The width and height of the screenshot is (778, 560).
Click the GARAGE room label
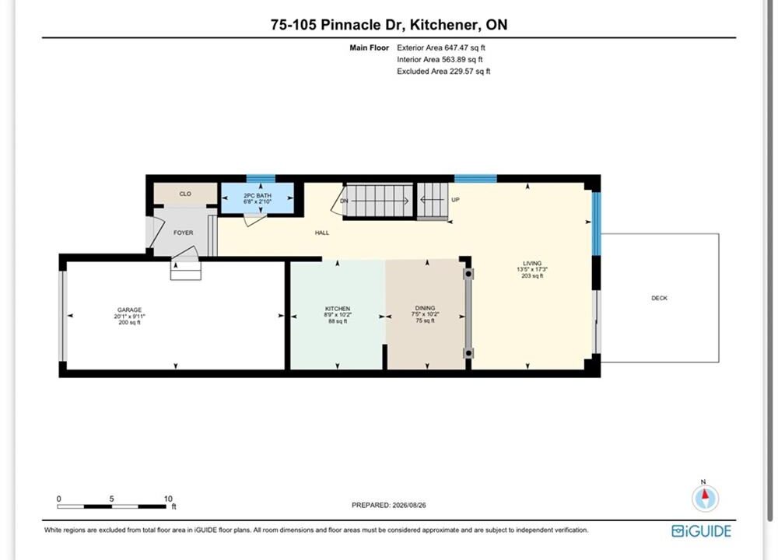pos(129,310)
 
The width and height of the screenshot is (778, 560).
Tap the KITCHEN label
pos(338,309)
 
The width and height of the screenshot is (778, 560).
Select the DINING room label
pos(426,308)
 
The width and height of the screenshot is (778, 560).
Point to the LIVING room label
pos(532,264)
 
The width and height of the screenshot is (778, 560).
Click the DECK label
pos(660,298)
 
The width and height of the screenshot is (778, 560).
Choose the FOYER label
pos(183,233)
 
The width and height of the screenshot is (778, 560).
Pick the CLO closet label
pos(185,194)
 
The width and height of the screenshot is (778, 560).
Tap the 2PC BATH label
pos(258,196)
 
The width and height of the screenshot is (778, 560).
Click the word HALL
pos(322,233)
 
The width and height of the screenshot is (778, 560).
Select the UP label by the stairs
pos(455,200)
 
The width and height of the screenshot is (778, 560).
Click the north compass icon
pos(705,498)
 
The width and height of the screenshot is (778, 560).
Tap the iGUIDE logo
pos(702,531)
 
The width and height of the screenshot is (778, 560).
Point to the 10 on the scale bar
pos(168,499)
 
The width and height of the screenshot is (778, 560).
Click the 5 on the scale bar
pos(111,499)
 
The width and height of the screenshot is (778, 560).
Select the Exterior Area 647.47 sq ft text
pos(441,47)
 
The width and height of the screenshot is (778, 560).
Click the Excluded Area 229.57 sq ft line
pos(443,72)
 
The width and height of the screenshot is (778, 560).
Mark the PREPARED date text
pos(388,506)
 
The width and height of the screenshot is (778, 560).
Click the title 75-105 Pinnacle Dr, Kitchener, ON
pos(389,25)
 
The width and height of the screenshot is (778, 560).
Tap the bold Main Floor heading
pos(369,47)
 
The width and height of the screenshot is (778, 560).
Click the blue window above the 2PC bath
pos(261,179)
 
